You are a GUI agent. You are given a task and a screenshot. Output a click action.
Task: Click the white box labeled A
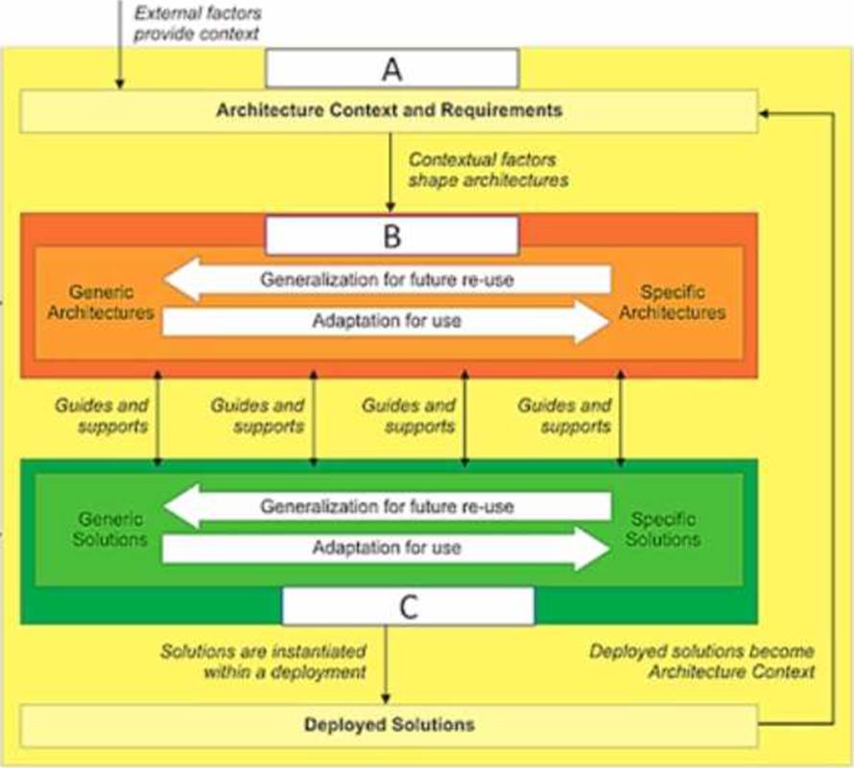point(391,69)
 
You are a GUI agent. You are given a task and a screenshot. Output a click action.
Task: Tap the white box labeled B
point(391,236)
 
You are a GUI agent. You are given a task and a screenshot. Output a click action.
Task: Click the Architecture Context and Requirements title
point(390,109)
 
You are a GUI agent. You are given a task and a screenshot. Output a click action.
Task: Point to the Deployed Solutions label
point(390,724)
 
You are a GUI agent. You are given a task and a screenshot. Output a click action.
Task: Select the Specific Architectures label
point(671,301)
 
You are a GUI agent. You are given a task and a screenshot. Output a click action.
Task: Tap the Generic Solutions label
point(111,528)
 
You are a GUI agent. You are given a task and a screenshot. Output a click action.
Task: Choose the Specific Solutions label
point(663,528)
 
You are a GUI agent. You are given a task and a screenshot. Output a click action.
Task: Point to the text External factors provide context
point(198,24)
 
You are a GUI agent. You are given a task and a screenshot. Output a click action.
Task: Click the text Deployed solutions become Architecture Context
point(702,662)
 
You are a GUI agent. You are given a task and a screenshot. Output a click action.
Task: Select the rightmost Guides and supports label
point(564,415)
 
